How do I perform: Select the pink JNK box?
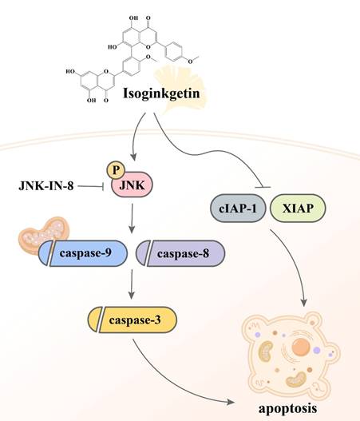coord(132,186)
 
